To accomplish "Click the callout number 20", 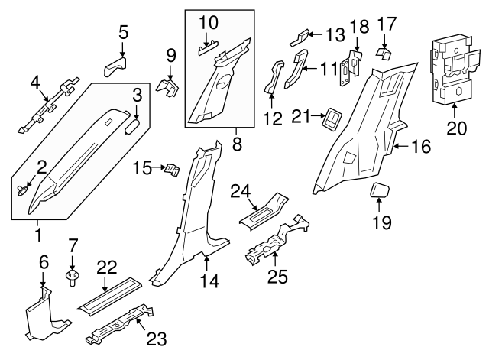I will (456, 128).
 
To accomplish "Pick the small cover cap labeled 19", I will (381, 191).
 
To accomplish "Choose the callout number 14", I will (209, 281).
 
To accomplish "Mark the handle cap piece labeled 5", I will (115, 65).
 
